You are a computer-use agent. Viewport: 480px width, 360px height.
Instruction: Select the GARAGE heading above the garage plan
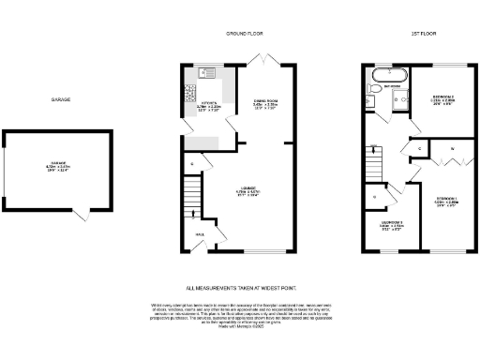tap(61, 99)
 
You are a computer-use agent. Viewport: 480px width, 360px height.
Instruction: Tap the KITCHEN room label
tap(208, 105)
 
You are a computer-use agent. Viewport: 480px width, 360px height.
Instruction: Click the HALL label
tap(200, 234)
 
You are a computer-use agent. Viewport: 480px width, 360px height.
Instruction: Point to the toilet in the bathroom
tap(374, 91)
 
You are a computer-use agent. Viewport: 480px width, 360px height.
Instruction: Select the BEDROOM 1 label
tap(445, 200)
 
